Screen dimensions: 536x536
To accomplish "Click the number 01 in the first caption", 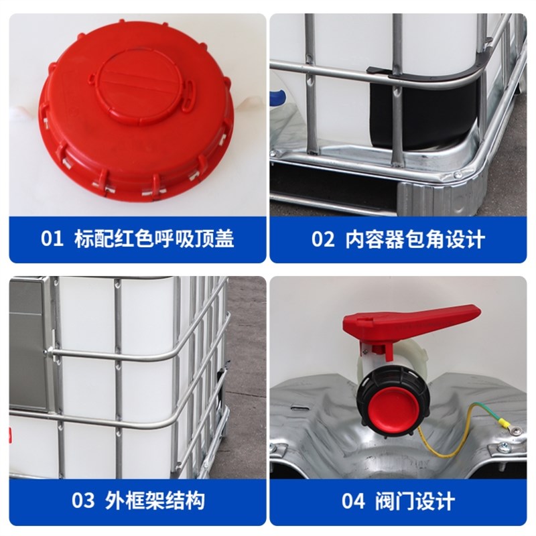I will tap(51, 239).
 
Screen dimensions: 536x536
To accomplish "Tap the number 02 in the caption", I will tap(322, 239).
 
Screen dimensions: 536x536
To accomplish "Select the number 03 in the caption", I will tap(84, 500).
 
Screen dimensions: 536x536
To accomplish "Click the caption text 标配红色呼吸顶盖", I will tap(155, 239).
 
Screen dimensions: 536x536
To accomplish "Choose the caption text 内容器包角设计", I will tap(415, 239).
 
